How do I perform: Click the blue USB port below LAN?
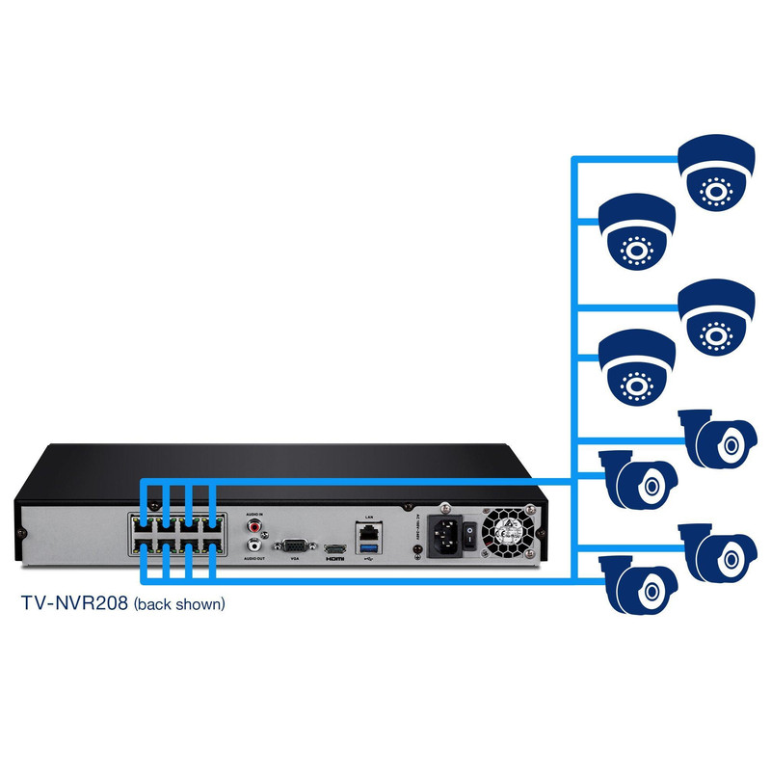click(x=368, y=547)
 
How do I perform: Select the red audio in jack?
click(x=254, y=527)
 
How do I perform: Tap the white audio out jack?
click(x=254, y=545)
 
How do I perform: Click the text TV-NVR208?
click(x=74, y=604)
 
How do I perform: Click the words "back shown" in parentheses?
click(x=180, y=605)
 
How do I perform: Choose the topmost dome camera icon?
click(x=715, y=173)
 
